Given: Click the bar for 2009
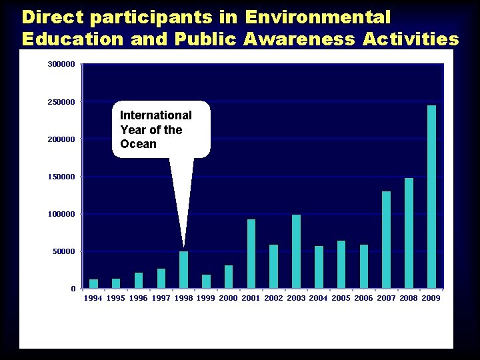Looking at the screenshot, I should [x=431, y=197].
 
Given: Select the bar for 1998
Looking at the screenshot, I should [x=183, y=270].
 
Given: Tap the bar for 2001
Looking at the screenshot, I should [x=251, y=254].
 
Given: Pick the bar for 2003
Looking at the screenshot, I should [x=296, y=251].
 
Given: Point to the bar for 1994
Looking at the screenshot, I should [x=93, y=284].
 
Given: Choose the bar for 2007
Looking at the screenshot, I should [x=386, y=240].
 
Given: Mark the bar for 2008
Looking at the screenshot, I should [x=409, y=233].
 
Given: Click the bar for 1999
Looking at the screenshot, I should [x=206, y=281].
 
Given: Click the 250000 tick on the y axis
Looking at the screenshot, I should [x=61, y=102].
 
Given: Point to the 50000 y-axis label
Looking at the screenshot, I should [x=63, y=251].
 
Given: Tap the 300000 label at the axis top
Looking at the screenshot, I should [x=61, y=64].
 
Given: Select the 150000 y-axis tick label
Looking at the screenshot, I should [x=61, y=177].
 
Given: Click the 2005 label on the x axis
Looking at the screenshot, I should [x=341, y=298].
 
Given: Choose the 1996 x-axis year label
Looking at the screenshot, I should [x=138, y=298].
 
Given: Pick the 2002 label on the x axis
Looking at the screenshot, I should [x=273, y=298].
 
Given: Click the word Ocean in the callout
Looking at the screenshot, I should [x=138, y=144].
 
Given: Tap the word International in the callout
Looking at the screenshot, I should [x=155, y=115].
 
